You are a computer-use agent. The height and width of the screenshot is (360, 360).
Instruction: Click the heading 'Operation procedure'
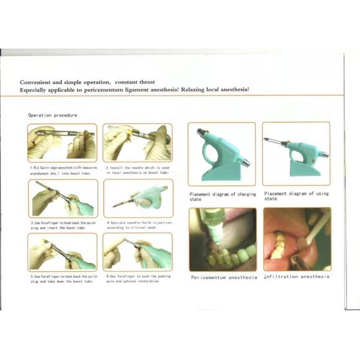tap(52, 115)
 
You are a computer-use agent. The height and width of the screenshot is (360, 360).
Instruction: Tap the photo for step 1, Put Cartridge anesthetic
tap(62, 143)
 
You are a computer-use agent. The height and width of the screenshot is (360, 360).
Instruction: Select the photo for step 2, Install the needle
tap(137, 143)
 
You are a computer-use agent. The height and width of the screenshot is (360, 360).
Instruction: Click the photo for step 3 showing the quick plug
tap(62, 197)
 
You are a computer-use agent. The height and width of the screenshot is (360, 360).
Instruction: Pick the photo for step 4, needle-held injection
tap(137, 197)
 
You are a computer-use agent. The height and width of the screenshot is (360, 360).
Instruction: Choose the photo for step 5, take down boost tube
tap(62, 251)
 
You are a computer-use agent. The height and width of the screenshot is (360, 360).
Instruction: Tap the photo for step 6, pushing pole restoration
tap(137, 251)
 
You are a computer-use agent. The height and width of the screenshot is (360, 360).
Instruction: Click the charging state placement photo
tap(221, 154)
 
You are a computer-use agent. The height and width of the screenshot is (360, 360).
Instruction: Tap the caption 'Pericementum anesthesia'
tap(223, 277)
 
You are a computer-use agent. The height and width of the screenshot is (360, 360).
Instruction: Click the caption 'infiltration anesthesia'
tap(297, 277)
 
